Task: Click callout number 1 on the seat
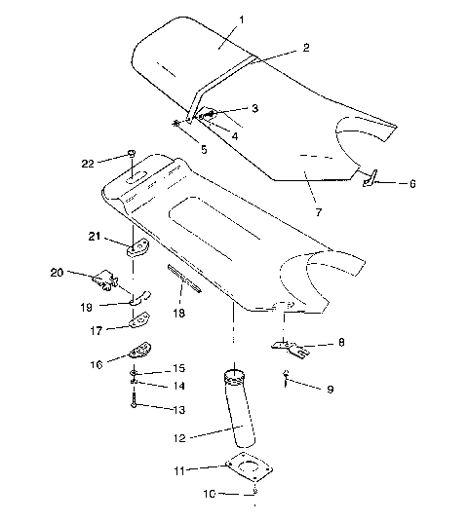pos(243,19)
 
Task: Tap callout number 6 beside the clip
pos(412,182)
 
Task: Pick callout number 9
pos(330,390)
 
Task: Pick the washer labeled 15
pos(133,373)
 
